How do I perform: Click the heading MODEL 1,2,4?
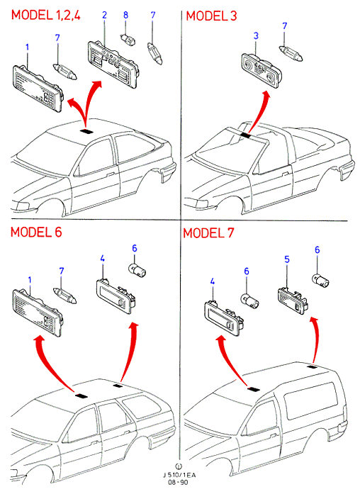coord(46,15)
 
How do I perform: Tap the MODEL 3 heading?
coord(211,16)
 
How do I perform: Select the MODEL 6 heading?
coord(36,232)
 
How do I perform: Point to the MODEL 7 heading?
coord(208,233)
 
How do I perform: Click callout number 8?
coord(125,15)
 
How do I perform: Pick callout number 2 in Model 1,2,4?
coord(104,15)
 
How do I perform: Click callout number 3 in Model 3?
coord(256,36)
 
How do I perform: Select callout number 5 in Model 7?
coord(287,259)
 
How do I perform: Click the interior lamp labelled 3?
coord(260,69)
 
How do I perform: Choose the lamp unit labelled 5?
coord(293,299)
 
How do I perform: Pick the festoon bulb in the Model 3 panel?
coord(291,54)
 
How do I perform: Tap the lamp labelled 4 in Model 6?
coord(116,296)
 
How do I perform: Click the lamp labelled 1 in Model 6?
coord(38,313)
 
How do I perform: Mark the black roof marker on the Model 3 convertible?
coord(245,135)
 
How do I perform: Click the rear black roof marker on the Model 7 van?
coord(312,366)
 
